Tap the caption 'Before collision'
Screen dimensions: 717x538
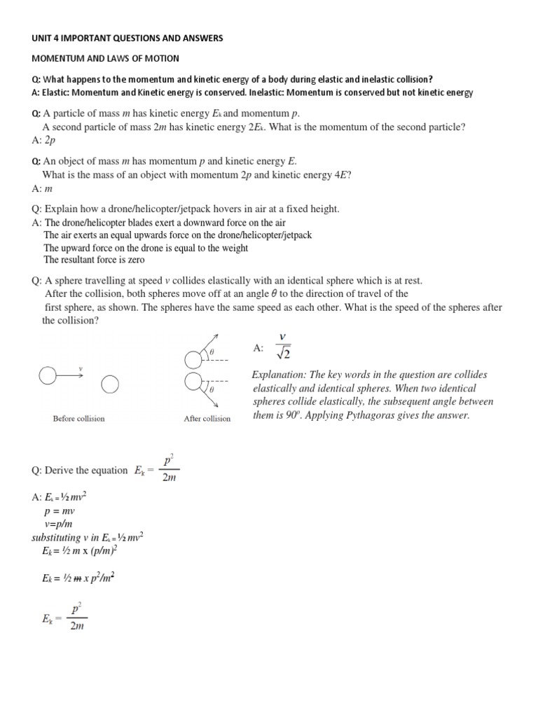tap(78, 419)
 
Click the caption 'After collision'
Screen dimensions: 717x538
tap(207, 419)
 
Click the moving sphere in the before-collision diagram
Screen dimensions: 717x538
tap(48, 377)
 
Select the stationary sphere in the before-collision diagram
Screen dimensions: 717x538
tap(110, 384)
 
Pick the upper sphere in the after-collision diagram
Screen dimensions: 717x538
tap(193, 360)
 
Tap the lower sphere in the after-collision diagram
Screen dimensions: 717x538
tap(193, 382)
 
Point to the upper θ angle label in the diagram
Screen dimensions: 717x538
tap(212, 351)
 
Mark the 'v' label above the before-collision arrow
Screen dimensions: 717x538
tap(81, 368)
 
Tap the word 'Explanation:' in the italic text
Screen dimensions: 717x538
tap(282, 375)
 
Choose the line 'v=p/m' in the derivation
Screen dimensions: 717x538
tap(60, 525)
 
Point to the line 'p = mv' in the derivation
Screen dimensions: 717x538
tap(59, 512)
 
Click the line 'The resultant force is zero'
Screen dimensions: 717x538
tap(94, 260)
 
